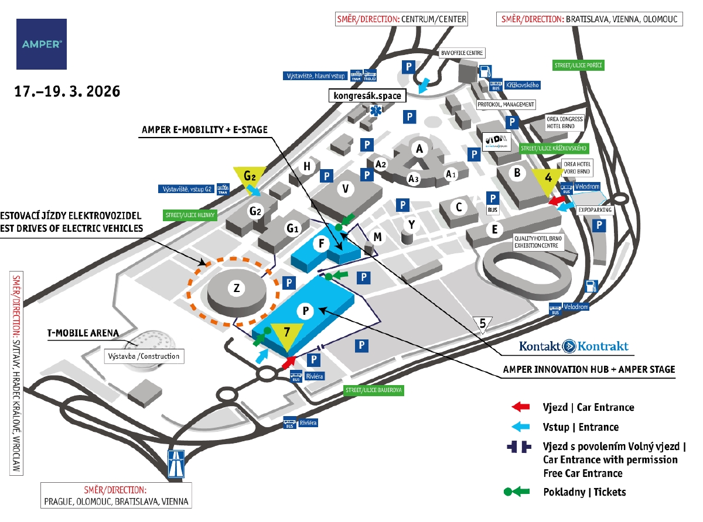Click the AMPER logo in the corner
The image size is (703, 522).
tap(41, 44)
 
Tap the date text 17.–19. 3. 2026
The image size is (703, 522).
tap(67, 91)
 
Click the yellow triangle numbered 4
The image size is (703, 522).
tap(548, 178)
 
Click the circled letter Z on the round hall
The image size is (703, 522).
tap(237, 288)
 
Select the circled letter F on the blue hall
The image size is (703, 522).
tap(320, 245)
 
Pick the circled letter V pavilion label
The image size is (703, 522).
tap(346, 188)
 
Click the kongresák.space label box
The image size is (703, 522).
tap(366, 95)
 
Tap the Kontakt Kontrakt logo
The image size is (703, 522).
tap(574, 346)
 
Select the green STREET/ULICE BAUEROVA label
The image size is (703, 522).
tap(373, 389)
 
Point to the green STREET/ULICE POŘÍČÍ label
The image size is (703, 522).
tap(579, 65)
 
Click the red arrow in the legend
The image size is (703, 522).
tap(520, 407)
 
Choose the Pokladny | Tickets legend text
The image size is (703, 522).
tap(585, 492)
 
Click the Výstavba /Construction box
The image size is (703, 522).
tap(143, 356)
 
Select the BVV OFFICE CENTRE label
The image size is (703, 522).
tap(462, 53)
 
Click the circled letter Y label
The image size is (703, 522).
tap(412, 224)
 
